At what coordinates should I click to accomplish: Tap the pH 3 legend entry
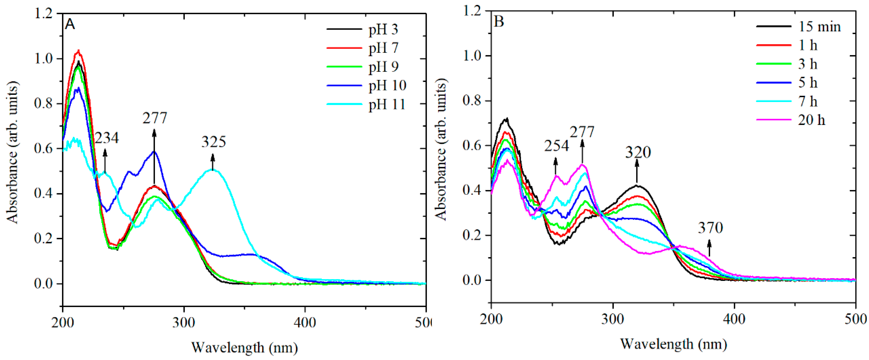coord(383,30)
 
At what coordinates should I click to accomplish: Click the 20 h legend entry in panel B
coord(811,120)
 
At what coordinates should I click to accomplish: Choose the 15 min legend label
coord(819,27)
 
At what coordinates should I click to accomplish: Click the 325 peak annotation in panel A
coord(214,142)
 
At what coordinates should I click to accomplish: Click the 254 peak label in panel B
coord(556,146)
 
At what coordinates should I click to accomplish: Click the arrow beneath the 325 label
coord(213,162)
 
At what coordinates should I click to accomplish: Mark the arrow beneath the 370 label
coord(709,248)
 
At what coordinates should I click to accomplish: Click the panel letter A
coord(70,24)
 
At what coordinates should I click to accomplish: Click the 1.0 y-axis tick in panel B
coord(472,56)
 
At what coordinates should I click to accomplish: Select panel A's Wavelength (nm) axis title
coord(245,348)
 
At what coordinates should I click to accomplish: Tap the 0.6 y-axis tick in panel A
coord(44,149)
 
